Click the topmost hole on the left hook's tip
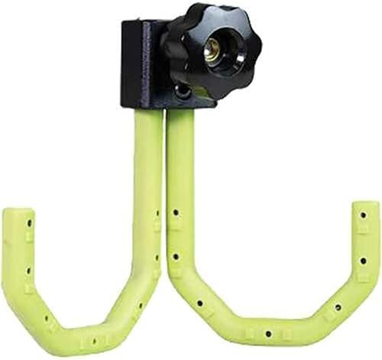coord(31,224)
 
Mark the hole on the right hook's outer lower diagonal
coord(337,307)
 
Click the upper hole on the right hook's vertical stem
coord(176,212)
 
